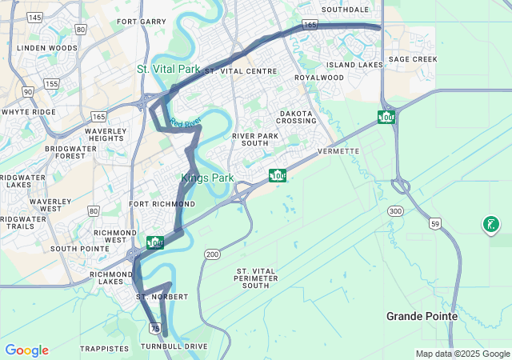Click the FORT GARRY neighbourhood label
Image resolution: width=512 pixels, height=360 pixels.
(141, 22)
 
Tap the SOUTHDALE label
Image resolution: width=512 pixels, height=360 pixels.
(345, 10)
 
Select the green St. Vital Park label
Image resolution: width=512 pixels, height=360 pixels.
(168, 70)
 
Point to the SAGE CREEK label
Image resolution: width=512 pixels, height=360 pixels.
(413, 59)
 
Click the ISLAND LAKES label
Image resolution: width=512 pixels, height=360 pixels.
(354, 65)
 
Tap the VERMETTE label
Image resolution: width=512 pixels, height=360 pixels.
(338, 151)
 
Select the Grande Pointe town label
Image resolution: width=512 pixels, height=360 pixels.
(422, 316)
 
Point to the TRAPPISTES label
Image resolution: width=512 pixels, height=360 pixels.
(103, 349)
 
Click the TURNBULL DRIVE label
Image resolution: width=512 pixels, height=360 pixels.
(174, 346)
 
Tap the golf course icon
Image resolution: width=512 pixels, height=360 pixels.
(490, 225)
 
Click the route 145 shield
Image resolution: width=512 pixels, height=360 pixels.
(34, 17)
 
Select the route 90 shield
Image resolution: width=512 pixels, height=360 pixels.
(28, 92)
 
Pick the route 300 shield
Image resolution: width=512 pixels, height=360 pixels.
(395, 210)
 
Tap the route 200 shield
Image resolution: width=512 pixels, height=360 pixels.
(211, 254)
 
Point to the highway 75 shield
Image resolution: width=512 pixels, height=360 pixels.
(154, 328)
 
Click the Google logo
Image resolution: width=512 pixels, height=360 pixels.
(26, 350)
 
